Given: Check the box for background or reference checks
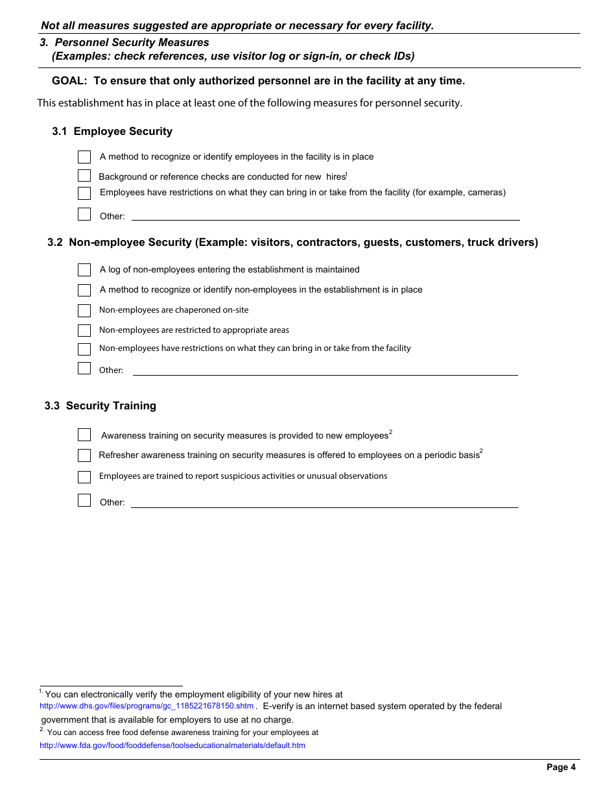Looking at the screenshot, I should click(84, 176).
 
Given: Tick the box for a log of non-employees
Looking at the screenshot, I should click(84, 270).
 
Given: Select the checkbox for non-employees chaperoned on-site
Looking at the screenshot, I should click(84, 310).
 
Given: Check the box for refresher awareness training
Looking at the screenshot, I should click(84, 455).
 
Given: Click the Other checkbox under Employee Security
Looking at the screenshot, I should click(84, 214).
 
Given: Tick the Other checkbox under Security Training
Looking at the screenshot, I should click(84, 500).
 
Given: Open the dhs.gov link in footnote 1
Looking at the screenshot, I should click(147, 706).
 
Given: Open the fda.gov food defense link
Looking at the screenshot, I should click(172, 745).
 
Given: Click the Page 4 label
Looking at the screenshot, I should click(561, 768).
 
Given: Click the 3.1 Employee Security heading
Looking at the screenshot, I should click(112, 132).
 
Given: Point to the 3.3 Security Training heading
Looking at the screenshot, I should click(101, 406).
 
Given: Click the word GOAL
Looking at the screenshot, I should click(69, 81).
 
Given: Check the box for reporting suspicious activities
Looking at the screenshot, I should click(84, 478).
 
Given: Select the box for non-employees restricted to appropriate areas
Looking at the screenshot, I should click(84, 330).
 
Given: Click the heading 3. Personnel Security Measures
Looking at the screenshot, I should click(124, 43).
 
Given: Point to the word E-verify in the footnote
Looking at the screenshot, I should click(279, 706).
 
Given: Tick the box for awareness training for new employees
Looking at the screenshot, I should click(84, 435).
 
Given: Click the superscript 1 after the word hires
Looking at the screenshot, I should click(347, 174).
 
